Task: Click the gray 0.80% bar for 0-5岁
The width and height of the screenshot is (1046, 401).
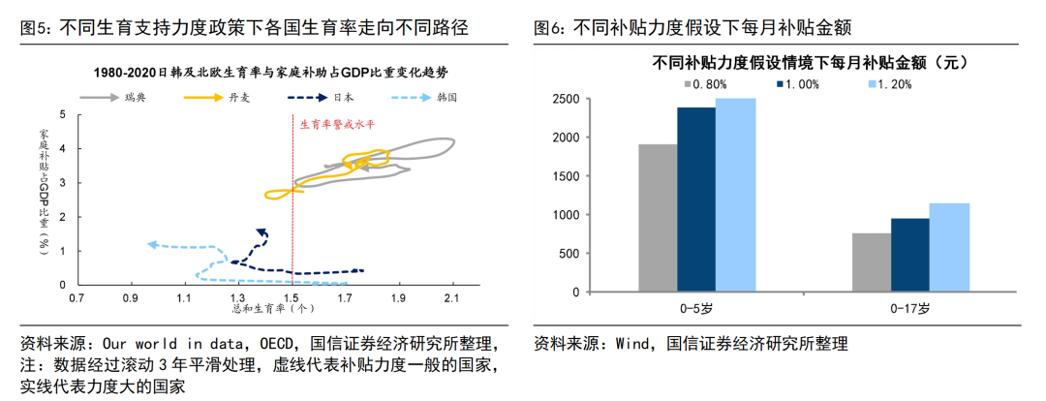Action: pyautogui.click(x=658, y=218)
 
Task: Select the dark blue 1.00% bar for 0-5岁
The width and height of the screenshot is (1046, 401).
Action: pyautogui.click(x=696, y=200)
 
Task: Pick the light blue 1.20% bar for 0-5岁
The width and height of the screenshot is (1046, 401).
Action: pyautogui.click(x=735, y=195)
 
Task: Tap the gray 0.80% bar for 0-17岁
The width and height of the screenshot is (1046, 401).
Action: pyautogui.click(x=872, y=262)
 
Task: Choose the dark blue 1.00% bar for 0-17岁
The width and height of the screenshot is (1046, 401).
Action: pyautogui.click(x=910, y=255)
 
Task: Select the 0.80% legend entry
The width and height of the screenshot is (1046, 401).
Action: pyautogui.click(x=709, y=84)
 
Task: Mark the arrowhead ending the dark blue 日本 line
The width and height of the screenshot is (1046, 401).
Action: pyautogui.click(x=261, y=231)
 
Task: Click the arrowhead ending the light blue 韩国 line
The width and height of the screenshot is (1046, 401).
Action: pyautogui.click(x=151, y=244)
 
